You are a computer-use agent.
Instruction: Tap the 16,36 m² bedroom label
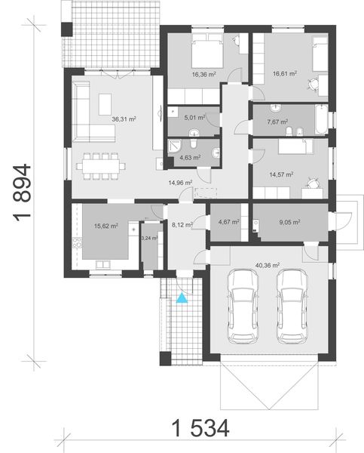click(x=204, y=74)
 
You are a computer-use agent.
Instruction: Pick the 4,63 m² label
click(x=189, y=157)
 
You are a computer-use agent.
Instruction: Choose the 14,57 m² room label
click(x=281, y=174)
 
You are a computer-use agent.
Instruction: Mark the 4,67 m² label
click(x=228, y=222)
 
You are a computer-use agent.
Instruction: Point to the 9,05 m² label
click(x=289, y=222)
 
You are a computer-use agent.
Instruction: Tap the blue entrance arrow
click(x=181, y=300)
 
